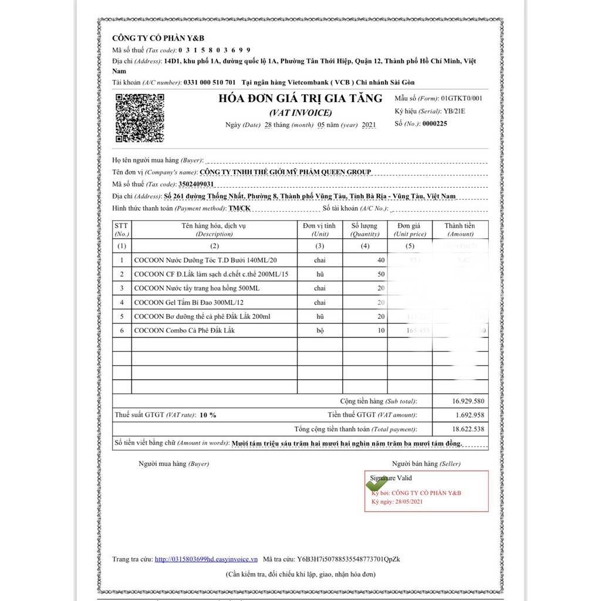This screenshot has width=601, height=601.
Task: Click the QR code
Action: tap(140, 118)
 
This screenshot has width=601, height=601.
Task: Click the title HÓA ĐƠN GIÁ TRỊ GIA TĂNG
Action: tap(300, 99)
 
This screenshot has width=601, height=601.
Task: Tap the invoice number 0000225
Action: tap(434, 124)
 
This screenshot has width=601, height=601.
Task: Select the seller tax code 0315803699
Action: tap(214, 50)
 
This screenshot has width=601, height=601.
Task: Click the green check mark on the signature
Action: tap(377, 484)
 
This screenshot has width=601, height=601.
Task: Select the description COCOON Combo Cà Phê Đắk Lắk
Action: tap(184, 330)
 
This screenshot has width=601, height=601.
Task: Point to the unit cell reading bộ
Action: tap(320, 330)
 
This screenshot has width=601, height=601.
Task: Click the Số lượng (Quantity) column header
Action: tap(364, 229)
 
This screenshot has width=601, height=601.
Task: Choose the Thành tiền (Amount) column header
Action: tap(460, 229)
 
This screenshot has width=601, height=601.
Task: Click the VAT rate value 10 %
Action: tap(208, 415)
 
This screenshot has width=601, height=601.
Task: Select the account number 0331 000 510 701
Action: tap(210, 82)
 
